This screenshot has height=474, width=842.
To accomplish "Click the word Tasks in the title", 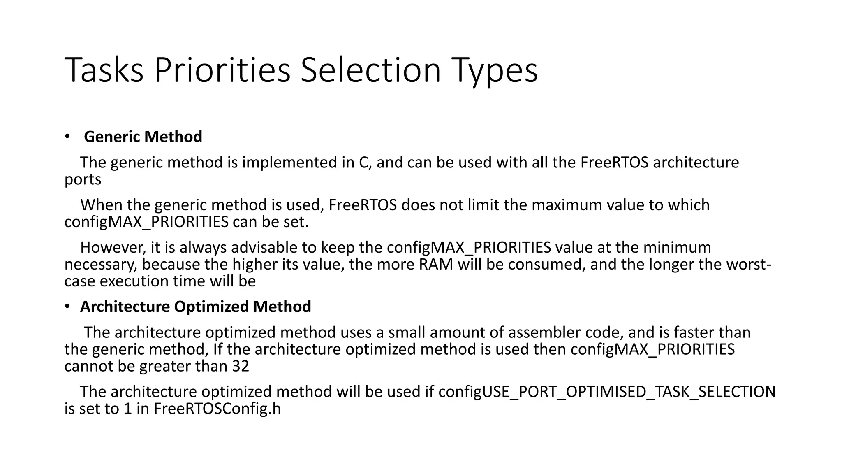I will coord(104,70).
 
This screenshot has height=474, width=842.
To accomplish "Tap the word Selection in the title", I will coord(370,70).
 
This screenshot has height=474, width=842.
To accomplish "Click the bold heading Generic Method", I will coord(143,137).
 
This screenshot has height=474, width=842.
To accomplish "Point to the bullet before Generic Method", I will coord(67,136).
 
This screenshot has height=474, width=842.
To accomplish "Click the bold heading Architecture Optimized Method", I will coord(196,307).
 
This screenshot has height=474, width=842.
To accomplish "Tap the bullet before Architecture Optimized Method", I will coord(67,306).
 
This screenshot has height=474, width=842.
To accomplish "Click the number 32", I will coord(241,366).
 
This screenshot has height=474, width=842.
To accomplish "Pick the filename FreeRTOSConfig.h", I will coord(217,409).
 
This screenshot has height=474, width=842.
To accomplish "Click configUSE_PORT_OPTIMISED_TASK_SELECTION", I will coord(607,392).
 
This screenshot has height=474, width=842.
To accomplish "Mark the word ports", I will coord(83,179).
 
